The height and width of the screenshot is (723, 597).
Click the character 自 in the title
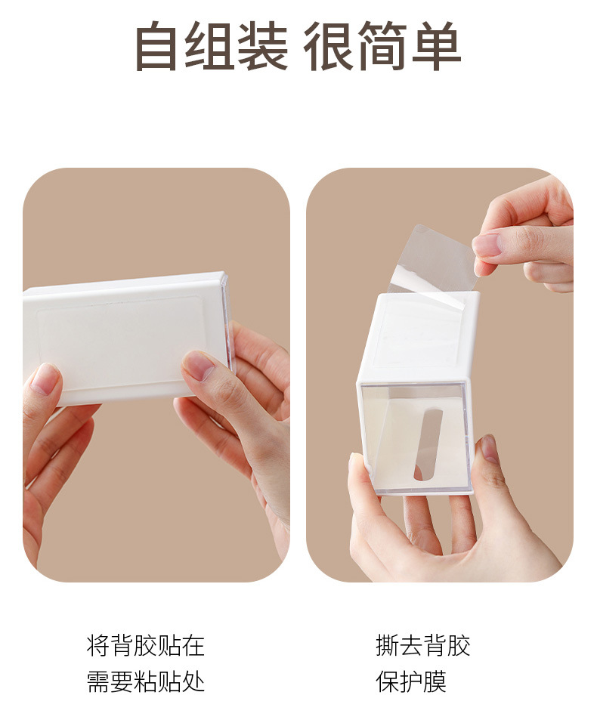(x=157, y=46)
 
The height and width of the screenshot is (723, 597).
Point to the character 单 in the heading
(x=436, y=46)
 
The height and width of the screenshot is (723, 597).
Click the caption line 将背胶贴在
(x=146, y=645)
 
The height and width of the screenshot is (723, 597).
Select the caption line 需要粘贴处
(x=146, y=681)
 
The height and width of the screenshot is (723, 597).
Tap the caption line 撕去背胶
(x=423, y=645)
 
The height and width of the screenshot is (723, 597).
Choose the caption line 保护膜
(x=411, y=681)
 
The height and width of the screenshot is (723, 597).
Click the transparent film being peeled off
(x=432, y=263)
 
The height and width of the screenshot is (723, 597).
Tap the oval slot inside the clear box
(x=428, y=443)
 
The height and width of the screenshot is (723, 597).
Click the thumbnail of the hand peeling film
(x=488, y=244)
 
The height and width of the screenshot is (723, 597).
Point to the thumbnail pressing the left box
(x=199, y=364)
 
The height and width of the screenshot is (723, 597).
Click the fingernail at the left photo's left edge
(x=45, y=379)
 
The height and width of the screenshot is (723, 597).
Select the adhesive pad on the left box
(x=121, y=342)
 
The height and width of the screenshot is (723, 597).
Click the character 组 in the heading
(x=210, y=46)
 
